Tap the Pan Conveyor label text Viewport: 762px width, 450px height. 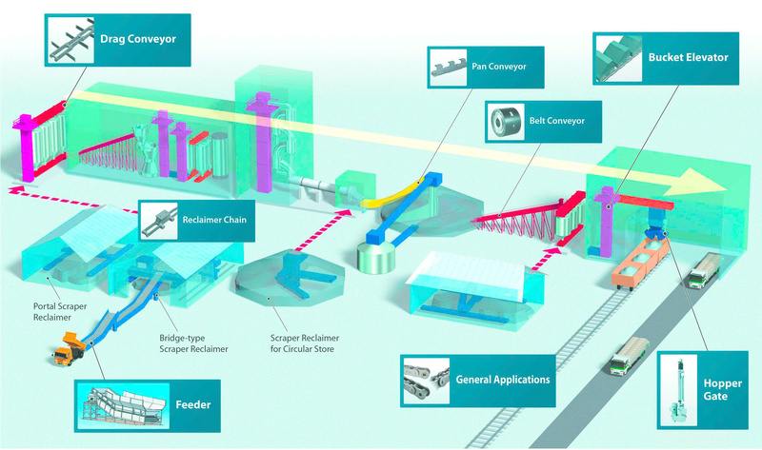coord(498,67)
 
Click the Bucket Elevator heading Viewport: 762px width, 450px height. coord(688,58)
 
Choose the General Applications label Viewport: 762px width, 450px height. coord(502,379)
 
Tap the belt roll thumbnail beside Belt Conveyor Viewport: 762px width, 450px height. coord(504,122)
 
